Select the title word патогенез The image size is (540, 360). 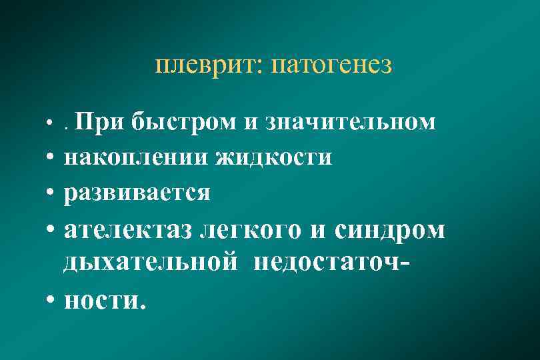[333, 67]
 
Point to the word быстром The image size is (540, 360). [183, 122]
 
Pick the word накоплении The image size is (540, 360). [135, 157]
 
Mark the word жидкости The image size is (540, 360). [273, 157]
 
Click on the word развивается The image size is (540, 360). [137, 193]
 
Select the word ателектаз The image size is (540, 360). [127, 230]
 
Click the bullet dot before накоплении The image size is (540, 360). [51, 159]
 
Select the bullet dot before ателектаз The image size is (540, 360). [51, 231]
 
